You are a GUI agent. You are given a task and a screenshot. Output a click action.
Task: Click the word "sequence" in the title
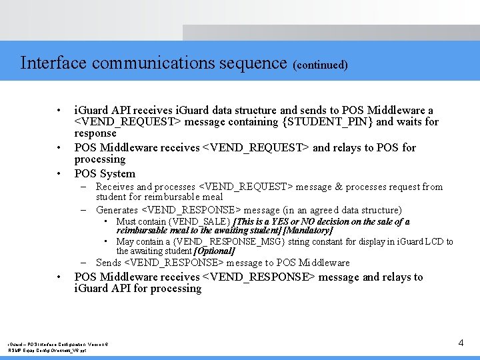254,63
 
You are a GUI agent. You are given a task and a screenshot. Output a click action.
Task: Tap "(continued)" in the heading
320,65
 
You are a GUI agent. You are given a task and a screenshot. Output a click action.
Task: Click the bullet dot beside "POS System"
59,174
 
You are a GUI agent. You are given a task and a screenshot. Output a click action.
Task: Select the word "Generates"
117,210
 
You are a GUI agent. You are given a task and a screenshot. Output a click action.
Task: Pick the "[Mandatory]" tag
308,230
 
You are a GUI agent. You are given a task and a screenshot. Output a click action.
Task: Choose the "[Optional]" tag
214,251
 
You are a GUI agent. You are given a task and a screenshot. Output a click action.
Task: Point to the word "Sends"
109,263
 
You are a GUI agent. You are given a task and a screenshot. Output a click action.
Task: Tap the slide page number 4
461,343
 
